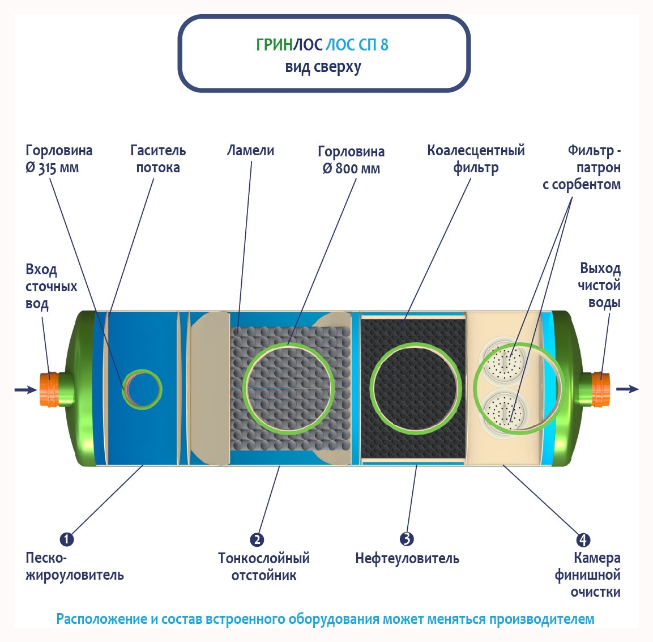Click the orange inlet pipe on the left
pos(50,389)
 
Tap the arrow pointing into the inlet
pos(25,389)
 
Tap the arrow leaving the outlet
pos(627,389)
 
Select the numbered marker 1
pos(67,539)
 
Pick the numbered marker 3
pos(407,539)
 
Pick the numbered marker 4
pos(583,539)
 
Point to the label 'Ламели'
pos(250,151)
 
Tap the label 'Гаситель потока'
pos(158,159)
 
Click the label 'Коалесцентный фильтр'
pos(476,159)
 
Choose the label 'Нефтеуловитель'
pos(407,559)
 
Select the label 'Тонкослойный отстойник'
pos(264,567)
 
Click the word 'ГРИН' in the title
pos(274,45)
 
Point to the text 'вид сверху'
pos(323,67)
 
